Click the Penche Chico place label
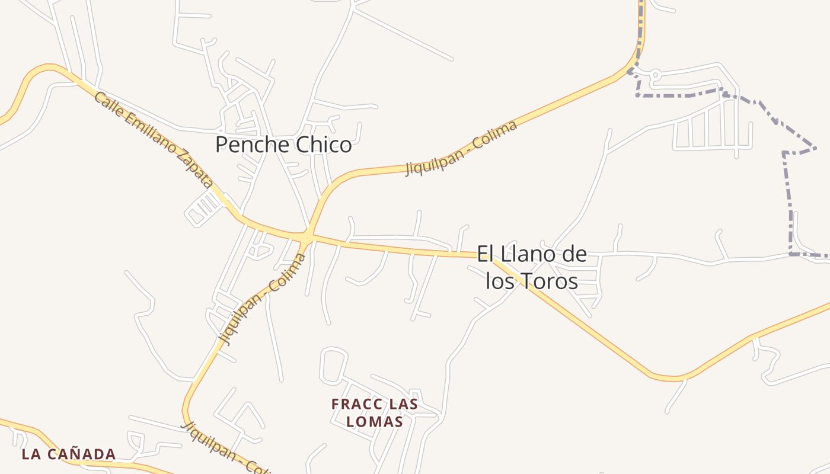283,145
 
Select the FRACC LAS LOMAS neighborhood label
375,413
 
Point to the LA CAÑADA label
69,454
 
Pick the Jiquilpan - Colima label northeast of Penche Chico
461,148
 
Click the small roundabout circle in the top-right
656,75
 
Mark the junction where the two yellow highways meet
306,238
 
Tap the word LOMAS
375,422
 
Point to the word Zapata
195,169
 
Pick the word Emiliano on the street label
149,136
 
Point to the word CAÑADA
82,454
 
